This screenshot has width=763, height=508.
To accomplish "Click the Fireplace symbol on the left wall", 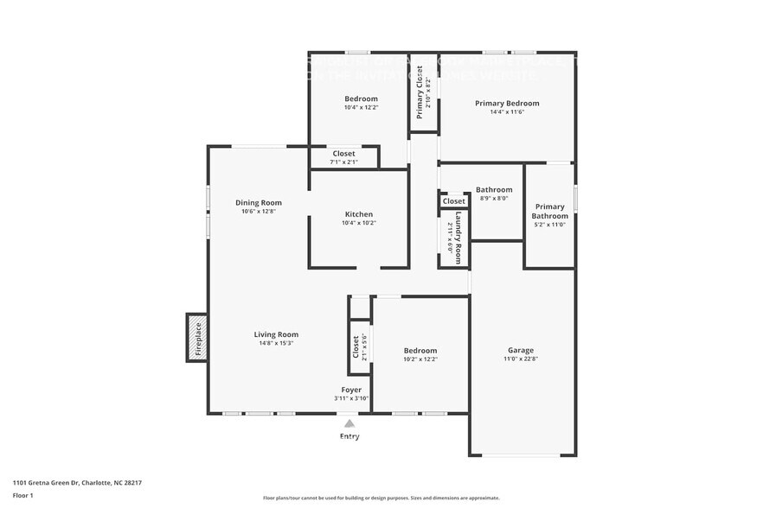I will pos(197,338).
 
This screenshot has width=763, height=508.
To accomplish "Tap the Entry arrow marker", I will pos(349,423).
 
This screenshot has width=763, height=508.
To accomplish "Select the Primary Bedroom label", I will pos(507,103).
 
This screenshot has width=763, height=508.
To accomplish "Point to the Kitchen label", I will pos(359,214).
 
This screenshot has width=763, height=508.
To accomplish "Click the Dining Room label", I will pos(259,203).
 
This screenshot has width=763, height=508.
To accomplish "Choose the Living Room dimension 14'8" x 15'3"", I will pos(276,343).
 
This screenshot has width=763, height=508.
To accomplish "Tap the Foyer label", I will pos(351,390).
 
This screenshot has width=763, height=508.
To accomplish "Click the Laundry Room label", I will pos(458,236).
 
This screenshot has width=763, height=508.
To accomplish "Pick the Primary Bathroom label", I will pos(549,211).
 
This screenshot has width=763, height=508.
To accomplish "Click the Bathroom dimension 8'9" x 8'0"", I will pos(494,198).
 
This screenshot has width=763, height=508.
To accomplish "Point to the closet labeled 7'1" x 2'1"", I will pos(343,162).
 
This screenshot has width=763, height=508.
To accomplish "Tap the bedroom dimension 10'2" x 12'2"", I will pos(420,359).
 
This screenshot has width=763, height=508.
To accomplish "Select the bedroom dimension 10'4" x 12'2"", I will pos(361,107).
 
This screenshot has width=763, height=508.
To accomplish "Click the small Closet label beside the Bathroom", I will pos(454,201).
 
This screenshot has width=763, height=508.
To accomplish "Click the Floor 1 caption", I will pos(22,495).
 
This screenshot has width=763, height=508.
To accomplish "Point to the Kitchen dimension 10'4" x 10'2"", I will pos(359,223).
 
